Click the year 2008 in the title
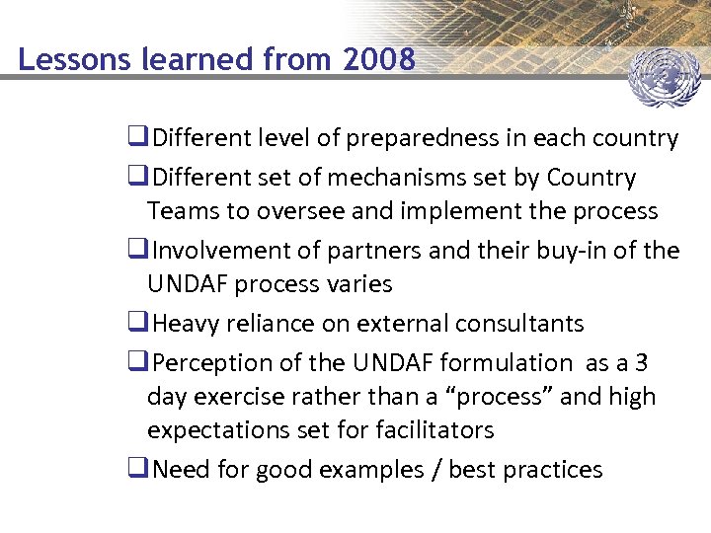pos(379,60)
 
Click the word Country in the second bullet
pos(591,178)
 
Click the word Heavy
pos(190,324)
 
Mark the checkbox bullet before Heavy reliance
pos(138,324)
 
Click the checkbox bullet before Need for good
pos(138,470)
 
